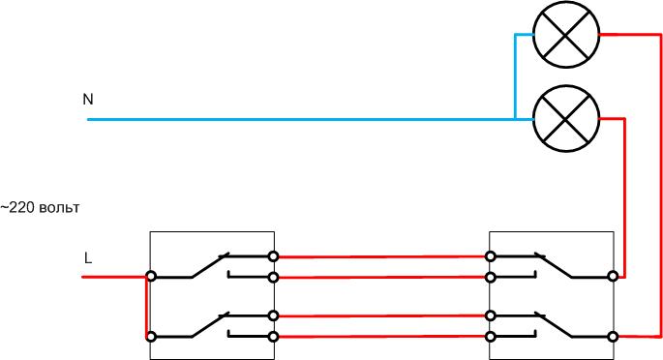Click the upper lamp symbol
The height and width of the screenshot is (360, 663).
(x=566, y=35)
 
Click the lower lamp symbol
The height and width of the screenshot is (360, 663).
(x=566, y=119)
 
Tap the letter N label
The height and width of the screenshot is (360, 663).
(x=88, y=100)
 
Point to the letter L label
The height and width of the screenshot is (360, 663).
(x=88, y=258)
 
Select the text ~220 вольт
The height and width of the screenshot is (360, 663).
(x=41, y=208)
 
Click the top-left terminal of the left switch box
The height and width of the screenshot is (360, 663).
(x=151, y=277)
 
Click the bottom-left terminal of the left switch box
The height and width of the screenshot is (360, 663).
(x=151, y=336)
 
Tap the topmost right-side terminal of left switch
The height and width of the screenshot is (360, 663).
(x=274, y=256)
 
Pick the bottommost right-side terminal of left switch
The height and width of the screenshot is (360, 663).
(x=274, y=336)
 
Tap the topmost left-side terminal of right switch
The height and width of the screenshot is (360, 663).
(x=492, y=256)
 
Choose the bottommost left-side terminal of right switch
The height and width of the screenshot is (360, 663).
(x=492, y=336)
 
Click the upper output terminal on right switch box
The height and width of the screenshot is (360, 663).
(x=612, y=277)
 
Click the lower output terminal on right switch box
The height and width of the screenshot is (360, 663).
(x=612, y=336)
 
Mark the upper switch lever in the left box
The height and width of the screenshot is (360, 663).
(x=209, y=266)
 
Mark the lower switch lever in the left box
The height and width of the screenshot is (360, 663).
(x=209, y=325)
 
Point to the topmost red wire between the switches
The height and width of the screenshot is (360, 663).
(x=382, y=256)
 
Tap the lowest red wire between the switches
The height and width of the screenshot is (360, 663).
(x=382, y=336)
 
